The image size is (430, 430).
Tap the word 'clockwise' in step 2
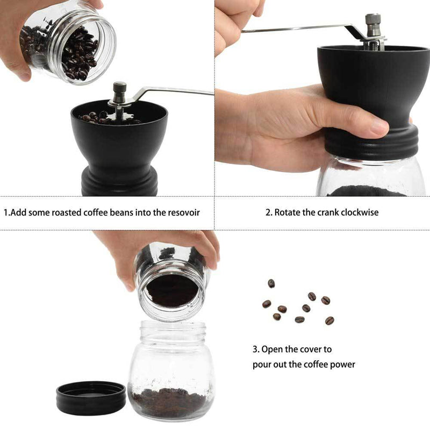358,212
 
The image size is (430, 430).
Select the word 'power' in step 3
342,364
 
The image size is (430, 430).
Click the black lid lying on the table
91,397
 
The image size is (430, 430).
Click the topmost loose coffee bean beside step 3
271,283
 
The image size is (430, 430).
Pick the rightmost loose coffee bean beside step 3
329,320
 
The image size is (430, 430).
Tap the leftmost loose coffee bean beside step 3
267,304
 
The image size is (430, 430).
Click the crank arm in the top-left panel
172,90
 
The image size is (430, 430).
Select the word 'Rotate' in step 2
287,212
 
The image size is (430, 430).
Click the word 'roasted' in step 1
64,212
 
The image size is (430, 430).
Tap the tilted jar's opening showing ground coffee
172,290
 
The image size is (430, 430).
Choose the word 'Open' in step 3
272,349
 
